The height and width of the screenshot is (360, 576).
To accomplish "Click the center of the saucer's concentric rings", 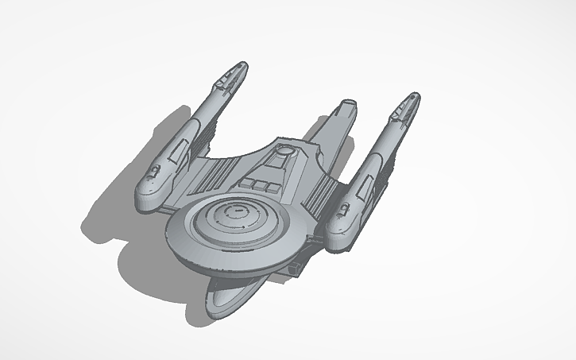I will tap(235, 213).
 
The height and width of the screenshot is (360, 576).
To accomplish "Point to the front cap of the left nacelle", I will tap(148, 197).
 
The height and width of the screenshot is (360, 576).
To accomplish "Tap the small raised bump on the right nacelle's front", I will tap(344, 210).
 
